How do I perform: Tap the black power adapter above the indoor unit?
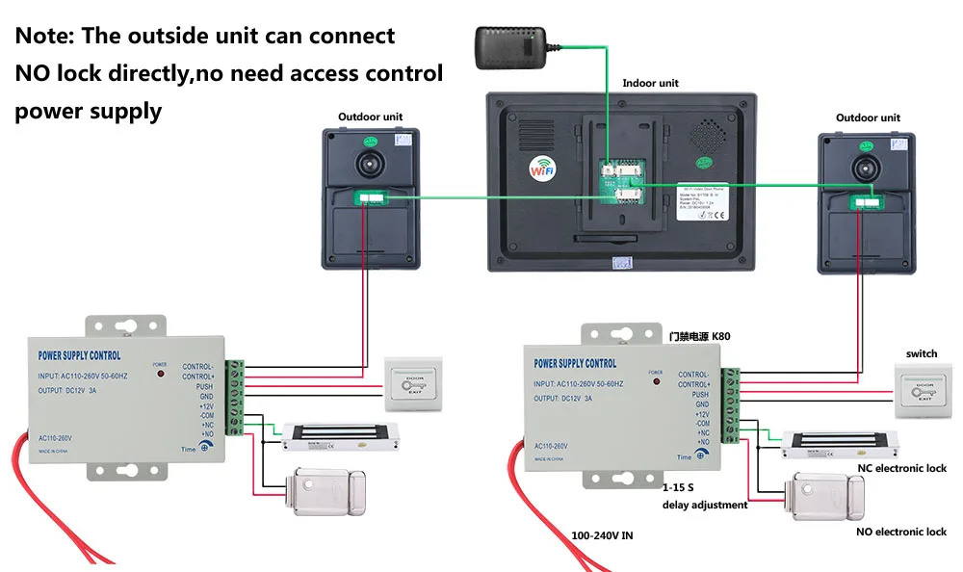[x=510, y=43]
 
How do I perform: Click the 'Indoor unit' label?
[x=650, y=84]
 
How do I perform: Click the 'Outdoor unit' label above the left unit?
[x=370, y=117]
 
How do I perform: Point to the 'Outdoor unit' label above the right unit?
[x=868, y=118]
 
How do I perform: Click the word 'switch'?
[x=922, y=353]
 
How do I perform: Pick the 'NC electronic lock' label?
[x=901, y=469]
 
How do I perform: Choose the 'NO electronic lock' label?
[x=901, y=532]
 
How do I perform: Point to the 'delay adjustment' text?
[x=704, y=505]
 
